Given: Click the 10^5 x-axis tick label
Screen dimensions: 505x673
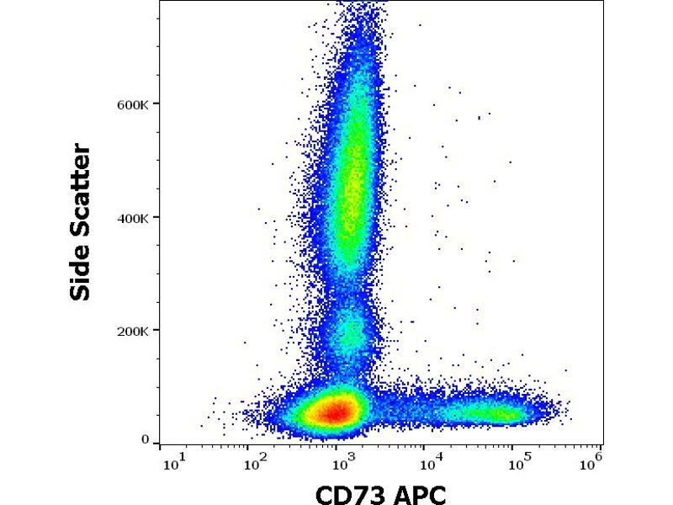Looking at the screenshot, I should coord(516,460).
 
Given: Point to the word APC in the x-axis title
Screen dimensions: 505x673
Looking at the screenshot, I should coord(418,492).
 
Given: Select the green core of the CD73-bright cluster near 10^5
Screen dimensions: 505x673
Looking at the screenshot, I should coord(496,412).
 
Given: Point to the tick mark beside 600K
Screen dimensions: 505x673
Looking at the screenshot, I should coord(156,104).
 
